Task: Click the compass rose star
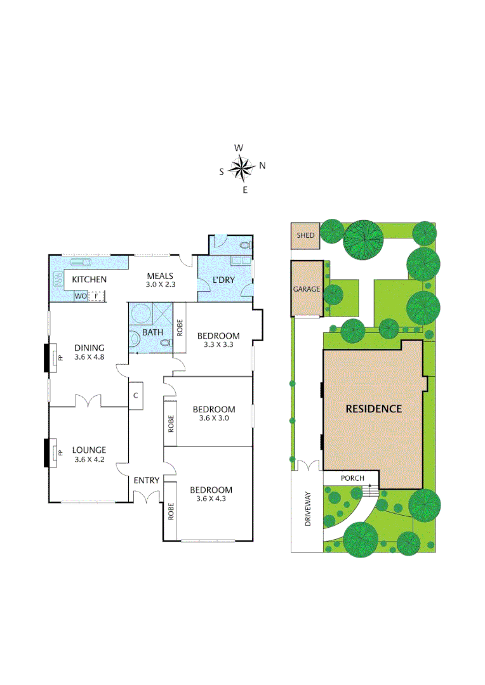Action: [241, 168]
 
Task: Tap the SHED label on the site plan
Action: [306, 235]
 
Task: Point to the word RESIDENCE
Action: [373, 408]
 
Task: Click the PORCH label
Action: [352, 478]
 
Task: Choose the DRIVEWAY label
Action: [309, 511]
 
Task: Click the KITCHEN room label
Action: [89, 280]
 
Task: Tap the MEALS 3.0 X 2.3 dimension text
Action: [161, 285]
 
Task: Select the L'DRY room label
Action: [223, 280]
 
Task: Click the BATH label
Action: [152, 332]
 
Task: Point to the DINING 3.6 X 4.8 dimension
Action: [89, 357]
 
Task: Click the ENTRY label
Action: [146, 480]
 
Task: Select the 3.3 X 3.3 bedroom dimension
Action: [218, 345]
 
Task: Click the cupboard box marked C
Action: [136, 395]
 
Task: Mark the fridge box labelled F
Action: [97, 296]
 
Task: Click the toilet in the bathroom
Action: [167, 343]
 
